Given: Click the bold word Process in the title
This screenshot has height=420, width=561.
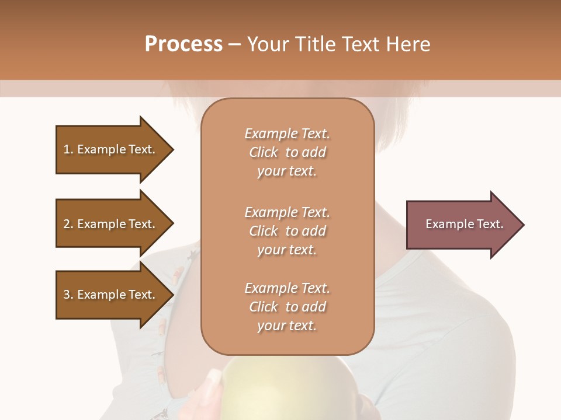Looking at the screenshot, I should click(x=183, y=44).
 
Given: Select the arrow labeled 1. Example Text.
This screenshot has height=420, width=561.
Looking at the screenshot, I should click(x=111, y=149).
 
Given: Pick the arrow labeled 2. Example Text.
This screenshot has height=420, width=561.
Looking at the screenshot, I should click(x=111, y=224).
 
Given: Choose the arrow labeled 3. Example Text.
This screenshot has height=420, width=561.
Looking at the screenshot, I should click(x=111, y=295).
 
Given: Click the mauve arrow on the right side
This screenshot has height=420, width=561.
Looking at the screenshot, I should click(x=462, y=225).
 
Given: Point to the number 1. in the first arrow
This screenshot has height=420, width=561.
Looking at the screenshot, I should click(x=68, y=149).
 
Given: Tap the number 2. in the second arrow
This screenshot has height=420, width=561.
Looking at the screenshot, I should click(x=68, y=224).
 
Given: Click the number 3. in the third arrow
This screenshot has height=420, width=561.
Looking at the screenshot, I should click(x=68, y=295).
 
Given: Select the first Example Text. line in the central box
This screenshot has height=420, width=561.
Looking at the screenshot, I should click(x=287, y=134).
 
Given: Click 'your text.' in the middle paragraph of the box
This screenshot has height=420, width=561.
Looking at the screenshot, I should click(x=287, y=250).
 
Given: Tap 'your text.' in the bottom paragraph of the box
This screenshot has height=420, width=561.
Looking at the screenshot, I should click(x=287, y=325).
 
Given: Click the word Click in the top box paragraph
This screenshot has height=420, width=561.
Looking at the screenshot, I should click(x=264, y=152).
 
